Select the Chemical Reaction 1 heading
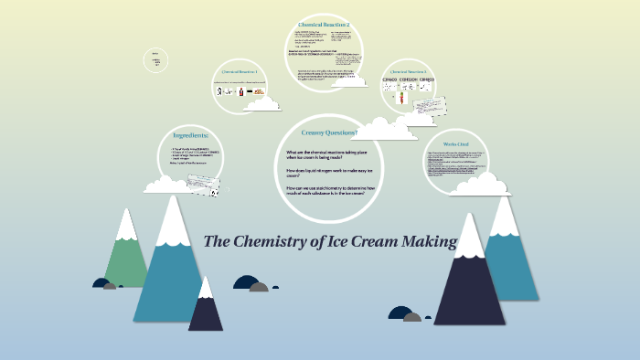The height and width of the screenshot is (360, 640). (240, 71)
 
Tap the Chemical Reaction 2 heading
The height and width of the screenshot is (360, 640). (324, 24)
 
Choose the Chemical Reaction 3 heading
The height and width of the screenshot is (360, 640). (408, 71)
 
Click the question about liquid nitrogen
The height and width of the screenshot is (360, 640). (317, 173)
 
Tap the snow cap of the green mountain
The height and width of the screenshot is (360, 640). (125, 225)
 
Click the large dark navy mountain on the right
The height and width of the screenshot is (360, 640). (468, 283)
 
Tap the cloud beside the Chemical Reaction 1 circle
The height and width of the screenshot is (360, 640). (264, 102)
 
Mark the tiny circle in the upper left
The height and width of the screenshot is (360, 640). (157, 60)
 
